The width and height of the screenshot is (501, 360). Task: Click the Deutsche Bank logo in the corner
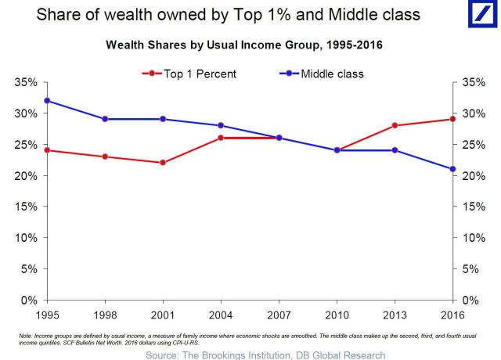(478, 18)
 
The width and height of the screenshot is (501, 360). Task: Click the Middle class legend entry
(322, 74)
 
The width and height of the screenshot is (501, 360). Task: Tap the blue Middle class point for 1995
(48, 100)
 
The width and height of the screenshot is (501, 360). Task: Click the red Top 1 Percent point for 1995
(48, 150)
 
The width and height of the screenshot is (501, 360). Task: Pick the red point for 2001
(163, 163)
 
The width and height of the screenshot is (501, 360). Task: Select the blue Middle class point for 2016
(452, 169)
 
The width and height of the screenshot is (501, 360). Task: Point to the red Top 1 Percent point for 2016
(452, 119)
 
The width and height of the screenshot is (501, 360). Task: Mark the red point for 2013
(395, 125)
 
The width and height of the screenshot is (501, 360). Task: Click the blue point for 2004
(221, 125)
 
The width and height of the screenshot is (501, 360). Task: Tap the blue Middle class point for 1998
(105, 119)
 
